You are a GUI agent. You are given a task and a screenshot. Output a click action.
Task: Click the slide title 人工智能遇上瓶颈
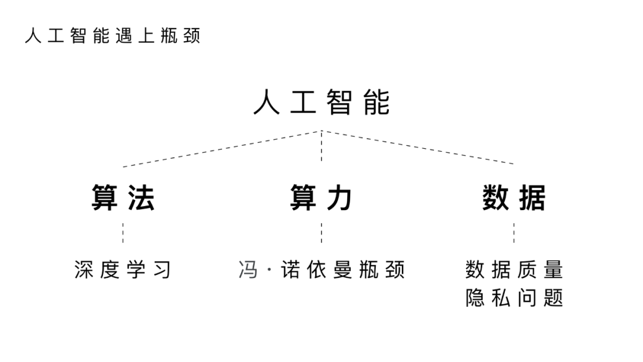tap(113, 36)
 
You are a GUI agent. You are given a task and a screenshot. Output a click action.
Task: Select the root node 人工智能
tap(321, 102)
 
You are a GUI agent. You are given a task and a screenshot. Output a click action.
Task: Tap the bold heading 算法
tap(123, 198)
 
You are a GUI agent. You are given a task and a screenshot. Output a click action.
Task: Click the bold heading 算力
tap(321, 198)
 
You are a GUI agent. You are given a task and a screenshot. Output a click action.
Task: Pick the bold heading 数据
tap(514, 198)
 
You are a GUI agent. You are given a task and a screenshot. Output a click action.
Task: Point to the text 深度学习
tap(123, 270)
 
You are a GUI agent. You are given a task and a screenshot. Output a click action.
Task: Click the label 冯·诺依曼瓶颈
tap(321, 270)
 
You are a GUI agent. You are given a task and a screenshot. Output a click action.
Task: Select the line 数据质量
tap(514, 270)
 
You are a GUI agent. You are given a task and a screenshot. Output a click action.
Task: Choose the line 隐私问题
tap(514, 297)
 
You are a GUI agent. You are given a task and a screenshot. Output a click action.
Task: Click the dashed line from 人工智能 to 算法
tap(221, 148)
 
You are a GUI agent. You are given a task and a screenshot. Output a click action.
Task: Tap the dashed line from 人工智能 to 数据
tap(418, 147)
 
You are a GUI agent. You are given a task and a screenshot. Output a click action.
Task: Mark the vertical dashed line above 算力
tap(321, 146)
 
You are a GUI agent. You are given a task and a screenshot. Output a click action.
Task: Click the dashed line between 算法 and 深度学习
tap(123, 233)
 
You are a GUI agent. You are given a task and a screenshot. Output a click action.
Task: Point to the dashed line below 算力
tap(321, 233)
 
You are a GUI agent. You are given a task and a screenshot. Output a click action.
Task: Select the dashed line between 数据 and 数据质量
tap(514, 233)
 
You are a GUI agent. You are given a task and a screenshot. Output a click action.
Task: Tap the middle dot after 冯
tap(267, 270)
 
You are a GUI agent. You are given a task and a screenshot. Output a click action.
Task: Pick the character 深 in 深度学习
tap(84, 270)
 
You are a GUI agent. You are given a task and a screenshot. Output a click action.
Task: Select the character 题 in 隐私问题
tap(554, 297)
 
